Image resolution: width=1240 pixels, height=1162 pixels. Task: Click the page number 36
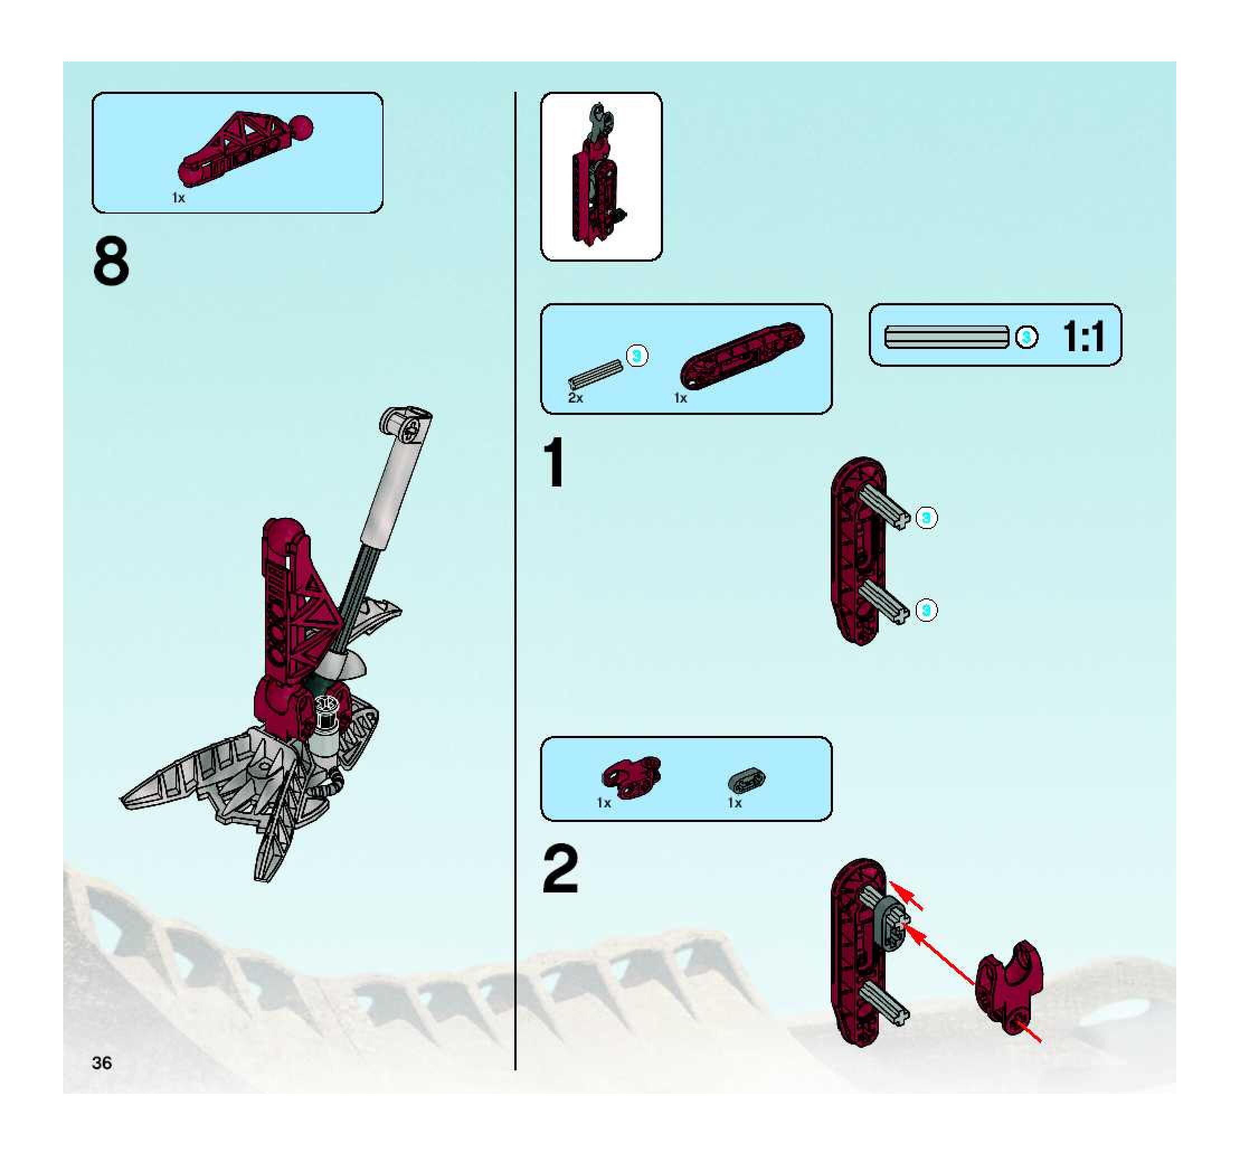pos(102,1063)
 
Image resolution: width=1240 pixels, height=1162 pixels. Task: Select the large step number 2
pos(560,868)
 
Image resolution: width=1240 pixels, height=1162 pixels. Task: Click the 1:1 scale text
pos(1083,337)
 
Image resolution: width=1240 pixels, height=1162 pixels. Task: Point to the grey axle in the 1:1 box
pos(947,337)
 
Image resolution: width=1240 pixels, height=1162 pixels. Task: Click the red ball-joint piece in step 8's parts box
pos(246,146)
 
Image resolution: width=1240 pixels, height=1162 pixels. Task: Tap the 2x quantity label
pos(575,398)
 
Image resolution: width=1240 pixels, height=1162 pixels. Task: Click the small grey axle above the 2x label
pos(595,374)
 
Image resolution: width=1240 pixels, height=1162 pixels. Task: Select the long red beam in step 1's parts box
pos(742,356)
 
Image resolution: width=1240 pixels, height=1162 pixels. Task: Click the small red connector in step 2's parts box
pos(631,777)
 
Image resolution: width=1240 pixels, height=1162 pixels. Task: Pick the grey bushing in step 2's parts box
pos(746,780)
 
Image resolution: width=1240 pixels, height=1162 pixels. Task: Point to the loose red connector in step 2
pos(1008,987)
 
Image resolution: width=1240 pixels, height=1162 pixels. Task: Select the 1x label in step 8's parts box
pos(178,198)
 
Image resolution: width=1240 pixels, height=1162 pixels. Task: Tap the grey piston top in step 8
pos(406,426)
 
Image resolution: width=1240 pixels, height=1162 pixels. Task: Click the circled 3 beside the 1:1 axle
pos(1026,337)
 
